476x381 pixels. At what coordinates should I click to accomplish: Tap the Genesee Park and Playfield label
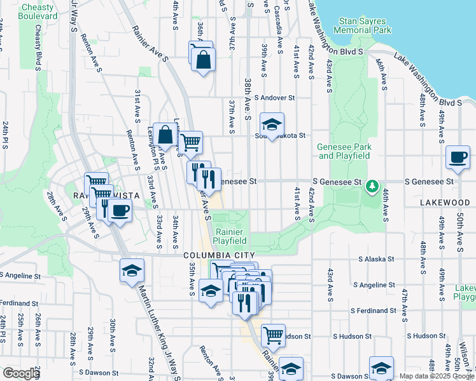tap(344, 151)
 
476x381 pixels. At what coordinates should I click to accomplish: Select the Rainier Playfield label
tap(230, 236)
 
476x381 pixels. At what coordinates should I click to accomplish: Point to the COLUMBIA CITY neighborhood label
tap(215, 255)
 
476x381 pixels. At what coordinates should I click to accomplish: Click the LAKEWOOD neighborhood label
tap(444, 202)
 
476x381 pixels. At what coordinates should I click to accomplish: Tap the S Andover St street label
tap(275, 98)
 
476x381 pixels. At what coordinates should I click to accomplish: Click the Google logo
tap(21, 373)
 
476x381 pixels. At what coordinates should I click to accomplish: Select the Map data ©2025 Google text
tap(437, 376)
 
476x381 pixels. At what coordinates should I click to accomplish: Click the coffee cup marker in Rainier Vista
tap(119, 210)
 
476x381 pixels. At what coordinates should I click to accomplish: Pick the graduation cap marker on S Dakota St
tap(272, 124)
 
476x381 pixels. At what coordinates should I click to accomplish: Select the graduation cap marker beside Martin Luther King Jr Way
tap(132, 270)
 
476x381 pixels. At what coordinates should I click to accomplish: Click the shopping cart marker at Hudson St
tap(273, 333)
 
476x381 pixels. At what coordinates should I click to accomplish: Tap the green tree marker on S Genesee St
tap(372, 187)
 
